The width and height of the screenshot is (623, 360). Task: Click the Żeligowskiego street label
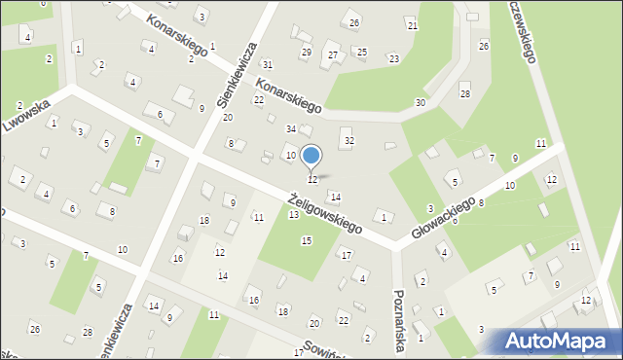pos(325,212)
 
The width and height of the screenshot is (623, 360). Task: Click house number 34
pos(290,129)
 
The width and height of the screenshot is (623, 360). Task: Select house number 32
pos(349,141)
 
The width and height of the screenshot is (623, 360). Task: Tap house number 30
pos(420,103)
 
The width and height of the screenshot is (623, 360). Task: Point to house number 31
pos(267,64)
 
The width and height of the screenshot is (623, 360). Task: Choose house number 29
pos(306,52)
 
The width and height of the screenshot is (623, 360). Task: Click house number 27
pos(333,54)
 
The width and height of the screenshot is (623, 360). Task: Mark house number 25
pos(361,52)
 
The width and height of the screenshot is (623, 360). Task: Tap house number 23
pos(393,59)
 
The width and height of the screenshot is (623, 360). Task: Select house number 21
pos(412,25)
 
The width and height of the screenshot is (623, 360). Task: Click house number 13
pos(293,214)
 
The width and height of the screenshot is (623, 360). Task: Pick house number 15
pos(306,240)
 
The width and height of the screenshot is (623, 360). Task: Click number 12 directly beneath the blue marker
pos(311,180)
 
